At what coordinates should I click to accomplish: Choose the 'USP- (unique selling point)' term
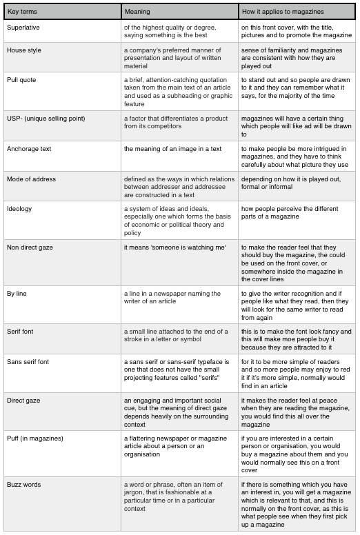pos(46,119)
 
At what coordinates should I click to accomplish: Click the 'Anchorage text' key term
pos(29,149)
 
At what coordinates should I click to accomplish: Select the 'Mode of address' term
pos(32,179)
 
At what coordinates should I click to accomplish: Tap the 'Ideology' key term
pos(19,209)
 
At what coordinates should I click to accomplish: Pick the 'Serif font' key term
pos(20,332)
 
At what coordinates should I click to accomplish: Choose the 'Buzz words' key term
pos(24,485)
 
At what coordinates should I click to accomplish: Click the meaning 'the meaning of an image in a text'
pos(172,149)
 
